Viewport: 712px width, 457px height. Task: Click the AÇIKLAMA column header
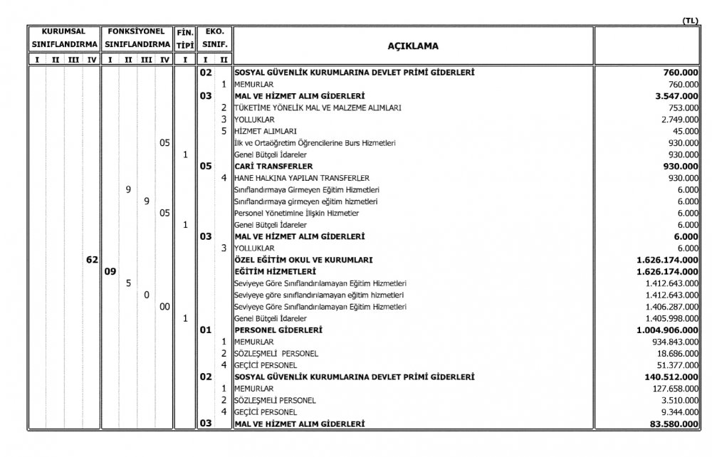412,46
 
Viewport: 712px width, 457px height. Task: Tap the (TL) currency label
690,21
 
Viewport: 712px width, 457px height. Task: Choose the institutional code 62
92,260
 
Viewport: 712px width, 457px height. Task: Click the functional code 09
110,271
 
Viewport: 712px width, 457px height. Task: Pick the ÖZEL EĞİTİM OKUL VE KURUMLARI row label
303,260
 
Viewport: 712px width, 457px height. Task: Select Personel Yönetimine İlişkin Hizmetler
296,213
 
